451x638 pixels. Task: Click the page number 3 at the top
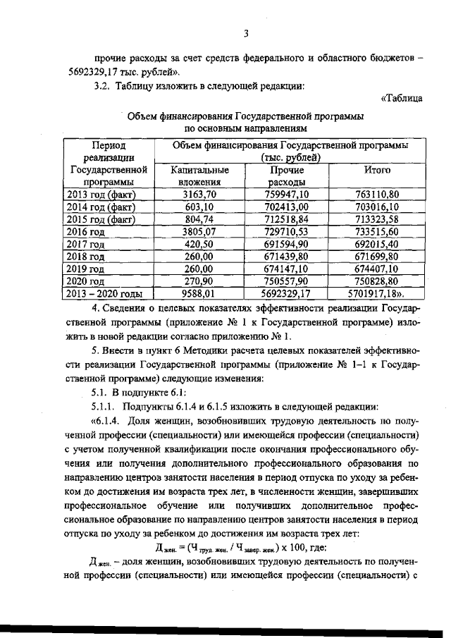click(x=247, y=32)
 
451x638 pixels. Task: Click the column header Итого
click(x=377, y=171)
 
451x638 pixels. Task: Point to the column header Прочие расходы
click(x=286, y=176)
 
